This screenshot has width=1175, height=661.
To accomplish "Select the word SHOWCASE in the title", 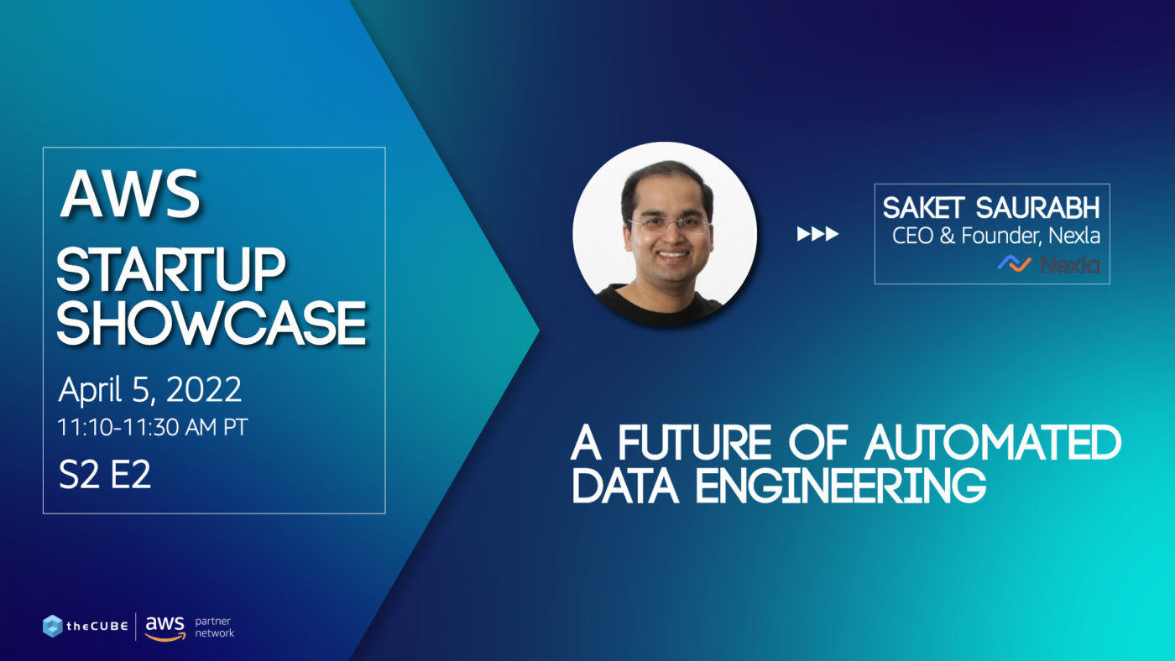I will tap(211, 323).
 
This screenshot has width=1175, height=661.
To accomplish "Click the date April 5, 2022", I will tap(150, 390).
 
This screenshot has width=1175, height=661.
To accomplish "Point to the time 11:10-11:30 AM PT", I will tap(153, 427).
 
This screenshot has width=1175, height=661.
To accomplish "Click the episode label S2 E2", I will tap(105, 475).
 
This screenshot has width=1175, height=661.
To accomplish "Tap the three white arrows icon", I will tap(817, 234).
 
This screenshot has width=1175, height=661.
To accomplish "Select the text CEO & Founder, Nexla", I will tap(996, 236).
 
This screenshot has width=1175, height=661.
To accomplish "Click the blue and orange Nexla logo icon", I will tap(1014, 264).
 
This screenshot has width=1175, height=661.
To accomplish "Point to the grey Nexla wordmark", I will tap(1070, 265).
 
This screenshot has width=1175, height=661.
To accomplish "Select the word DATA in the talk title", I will tap(628, 487).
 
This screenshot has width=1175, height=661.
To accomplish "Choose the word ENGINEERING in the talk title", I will tap(840, 487).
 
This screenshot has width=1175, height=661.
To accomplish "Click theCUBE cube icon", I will tap(53, 626).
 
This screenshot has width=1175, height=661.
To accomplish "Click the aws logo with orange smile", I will tap(164, 627).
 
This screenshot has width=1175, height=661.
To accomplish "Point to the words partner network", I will tap(214, 627).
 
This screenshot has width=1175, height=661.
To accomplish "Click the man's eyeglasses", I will tap(669, 225).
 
